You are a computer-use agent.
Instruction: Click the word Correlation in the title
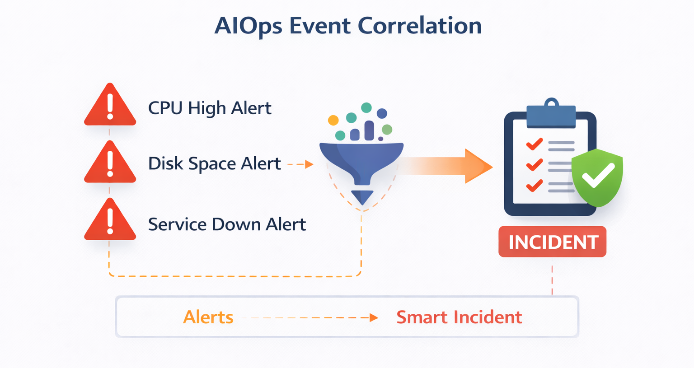coord(419,26)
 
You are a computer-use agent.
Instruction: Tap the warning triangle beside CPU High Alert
coord(110,107)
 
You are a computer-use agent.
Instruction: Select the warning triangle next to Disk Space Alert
coord(110,164)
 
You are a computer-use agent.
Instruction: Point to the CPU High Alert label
coord(210,108)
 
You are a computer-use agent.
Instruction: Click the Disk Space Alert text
coord(214,163)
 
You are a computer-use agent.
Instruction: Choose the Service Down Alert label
coord(227,224)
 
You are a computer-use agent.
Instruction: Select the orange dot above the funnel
coord(333,120)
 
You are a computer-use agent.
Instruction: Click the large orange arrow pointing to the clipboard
coord(447,166)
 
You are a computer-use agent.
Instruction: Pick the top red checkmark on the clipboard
coord(535,144)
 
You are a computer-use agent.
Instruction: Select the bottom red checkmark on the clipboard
coord(535,185)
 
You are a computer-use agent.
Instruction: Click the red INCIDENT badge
coord(552,242)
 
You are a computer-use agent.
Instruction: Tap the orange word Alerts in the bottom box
coord(208,317)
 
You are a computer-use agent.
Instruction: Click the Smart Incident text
coord(459,317)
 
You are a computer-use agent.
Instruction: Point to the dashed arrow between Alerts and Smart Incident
coord(312,318)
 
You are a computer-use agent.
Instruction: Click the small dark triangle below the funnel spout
coord(362,197)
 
